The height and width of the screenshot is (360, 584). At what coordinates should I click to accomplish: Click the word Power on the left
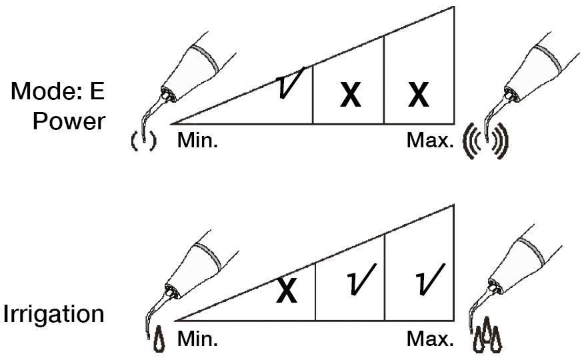coord(69,121)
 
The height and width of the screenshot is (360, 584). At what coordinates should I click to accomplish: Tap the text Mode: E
coord(58,91)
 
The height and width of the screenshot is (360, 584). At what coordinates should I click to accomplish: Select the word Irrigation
coord(53,314)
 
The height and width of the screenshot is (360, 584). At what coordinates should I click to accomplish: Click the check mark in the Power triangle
coord(291,83)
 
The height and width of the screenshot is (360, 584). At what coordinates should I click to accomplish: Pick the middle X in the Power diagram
coord(351,95)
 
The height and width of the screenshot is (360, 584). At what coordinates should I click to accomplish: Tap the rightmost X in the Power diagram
coord(419,95)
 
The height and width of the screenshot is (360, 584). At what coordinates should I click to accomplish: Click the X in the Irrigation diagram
coord(287,291)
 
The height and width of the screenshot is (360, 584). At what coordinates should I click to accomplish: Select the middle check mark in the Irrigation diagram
coord(361,279)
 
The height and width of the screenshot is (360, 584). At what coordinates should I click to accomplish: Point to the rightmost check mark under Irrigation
coord(430,279)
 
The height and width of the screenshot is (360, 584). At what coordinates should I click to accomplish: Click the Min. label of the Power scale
coord(197,141)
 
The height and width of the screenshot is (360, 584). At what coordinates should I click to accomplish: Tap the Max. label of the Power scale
coord(430,141)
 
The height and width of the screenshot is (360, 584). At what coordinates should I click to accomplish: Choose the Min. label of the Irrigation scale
coord(197,339)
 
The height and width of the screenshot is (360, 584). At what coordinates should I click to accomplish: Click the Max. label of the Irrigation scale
coord(430,339)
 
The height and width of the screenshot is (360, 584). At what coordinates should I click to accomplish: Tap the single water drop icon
coord(159,339)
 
